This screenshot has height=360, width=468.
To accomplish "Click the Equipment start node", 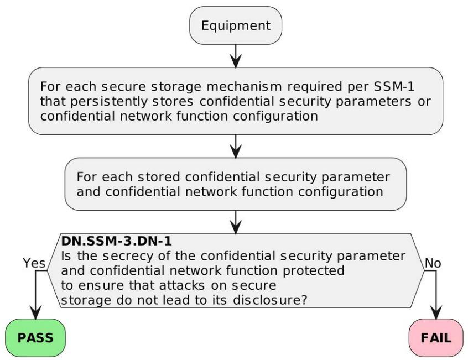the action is (x=236, y=25).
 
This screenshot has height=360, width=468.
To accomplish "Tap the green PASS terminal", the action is (x=35, y=338).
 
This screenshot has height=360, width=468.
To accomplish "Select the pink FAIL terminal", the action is (x=436, y=338).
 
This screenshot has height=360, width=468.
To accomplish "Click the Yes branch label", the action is (x=34, y=263).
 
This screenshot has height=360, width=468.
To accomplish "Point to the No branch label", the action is (x=433, y=263).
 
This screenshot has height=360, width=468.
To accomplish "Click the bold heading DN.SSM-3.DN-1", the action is (x=116, y=241).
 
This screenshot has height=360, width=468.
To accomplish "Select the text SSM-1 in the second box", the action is (x=394, y=86).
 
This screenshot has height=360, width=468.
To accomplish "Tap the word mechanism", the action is (x=244, y=86).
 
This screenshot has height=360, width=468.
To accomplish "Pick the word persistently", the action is (x=108, y=101).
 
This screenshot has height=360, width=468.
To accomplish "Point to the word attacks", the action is (x=182, y=285).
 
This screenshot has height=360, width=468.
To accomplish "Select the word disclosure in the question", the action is (x=267, y=300).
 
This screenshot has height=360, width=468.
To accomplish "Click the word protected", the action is (x=314, y=271).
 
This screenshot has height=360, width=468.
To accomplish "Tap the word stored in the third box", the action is (x=159, y=177).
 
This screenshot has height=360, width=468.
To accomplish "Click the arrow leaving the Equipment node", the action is (x=236, y=56).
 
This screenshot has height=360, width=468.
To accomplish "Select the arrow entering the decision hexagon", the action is (x=236, y=222).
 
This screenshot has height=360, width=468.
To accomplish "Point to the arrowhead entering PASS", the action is (x=35, y=312).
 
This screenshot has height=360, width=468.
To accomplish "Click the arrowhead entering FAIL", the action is (x=436, y=312).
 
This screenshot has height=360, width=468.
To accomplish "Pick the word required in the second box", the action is (x=315, y=87).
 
